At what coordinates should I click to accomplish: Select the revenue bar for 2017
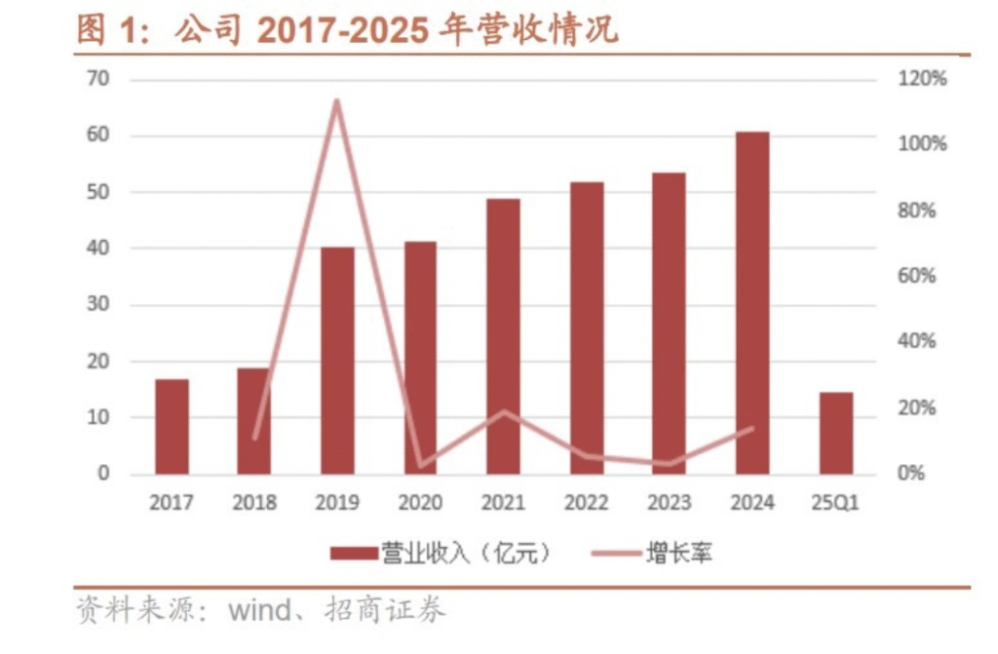pyautogui.click(x=172, y=426)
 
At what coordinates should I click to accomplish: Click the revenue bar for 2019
pyautogui.click(x=337, y=361)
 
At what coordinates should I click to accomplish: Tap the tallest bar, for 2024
pyautogui.click(x=752, y=302)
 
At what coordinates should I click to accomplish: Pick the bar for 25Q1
pyautogui.click(x=835, y=433)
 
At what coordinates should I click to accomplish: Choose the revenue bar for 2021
pyautogui.click(x=503, y=336)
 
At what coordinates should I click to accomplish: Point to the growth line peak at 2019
pyautogui.click(x=337, y=100)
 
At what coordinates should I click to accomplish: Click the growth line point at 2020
pyautogui.click(x=420, y=466)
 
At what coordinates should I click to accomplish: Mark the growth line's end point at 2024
pyautogui.click(x=752, y=428)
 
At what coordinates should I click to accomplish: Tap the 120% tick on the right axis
pyautogui.click(x=921, y=80)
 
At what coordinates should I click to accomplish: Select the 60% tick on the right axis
pyautogui.click(x=916, y=276)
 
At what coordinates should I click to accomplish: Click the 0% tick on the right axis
pyautogui.click(x=911, y=474)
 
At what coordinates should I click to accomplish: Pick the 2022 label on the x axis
pyautogui.click(x=586, y=503)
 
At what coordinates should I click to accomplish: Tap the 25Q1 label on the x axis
pyautogui.click(x=835, y=503)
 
